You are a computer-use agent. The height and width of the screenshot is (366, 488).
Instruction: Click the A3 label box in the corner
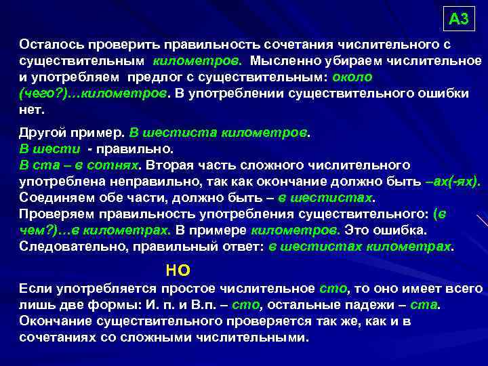459,19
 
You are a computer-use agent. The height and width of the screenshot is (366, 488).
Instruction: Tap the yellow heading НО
178,270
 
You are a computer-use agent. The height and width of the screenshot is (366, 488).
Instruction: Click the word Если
35,289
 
